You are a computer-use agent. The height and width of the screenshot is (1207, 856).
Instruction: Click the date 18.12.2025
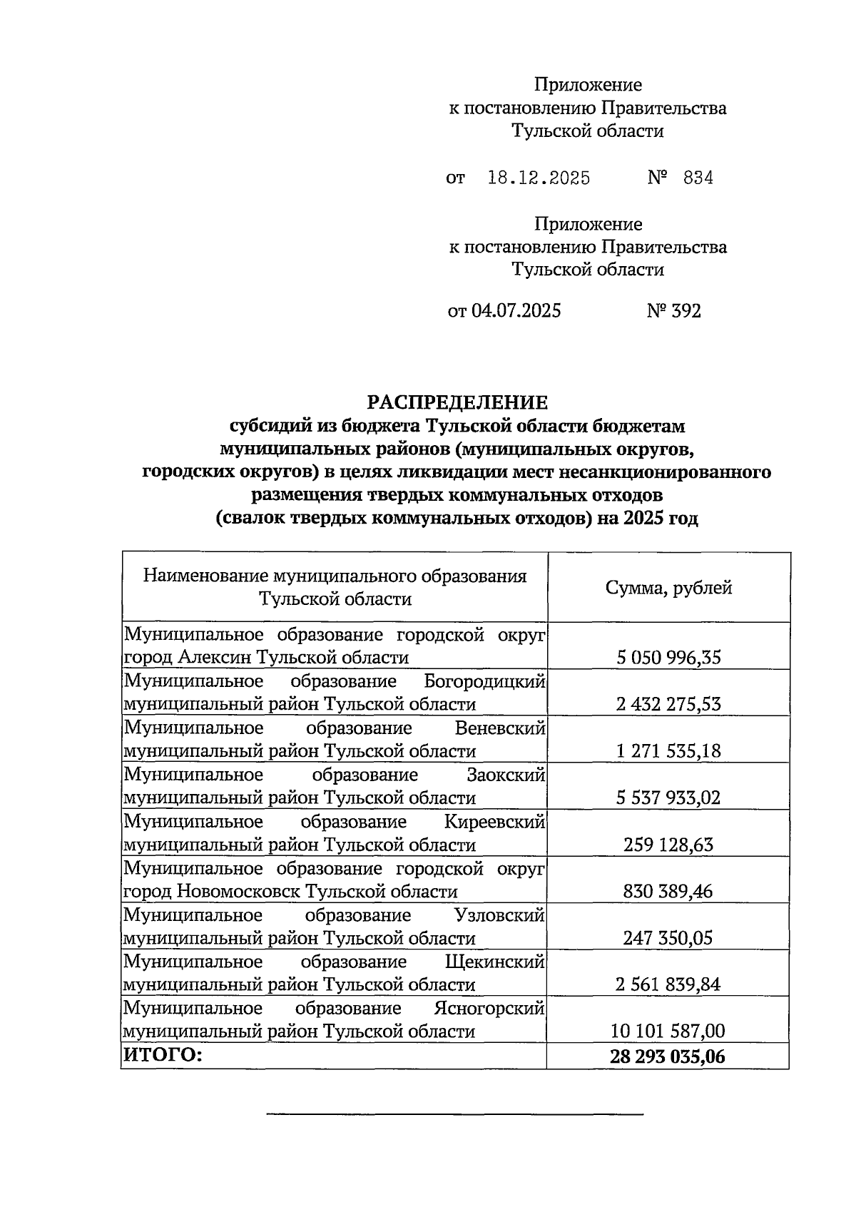point(539,178)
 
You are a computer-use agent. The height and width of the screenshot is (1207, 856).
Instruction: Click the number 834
point(698,178)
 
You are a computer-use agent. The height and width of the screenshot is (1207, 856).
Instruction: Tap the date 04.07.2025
point(516,311)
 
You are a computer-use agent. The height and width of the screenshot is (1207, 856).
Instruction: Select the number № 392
point(673,311)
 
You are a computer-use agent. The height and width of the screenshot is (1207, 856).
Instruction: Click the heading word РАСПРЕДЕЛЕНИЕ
point(457,402)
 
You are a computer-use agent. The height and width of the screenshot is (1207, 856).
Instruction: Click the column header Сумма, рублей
point(668,588)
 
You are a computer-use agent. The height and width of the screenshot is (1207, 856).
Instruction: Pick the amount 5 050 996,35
point(668,657)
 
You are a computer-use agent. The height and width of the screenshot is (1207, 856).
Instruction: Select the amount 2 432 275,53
point(668,704)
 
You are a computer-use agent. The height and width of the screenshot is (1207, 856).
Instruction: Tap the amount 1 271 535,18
point(668,750)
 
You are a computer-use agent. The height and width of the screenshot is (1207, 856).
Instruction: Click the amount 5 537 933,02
point(668,798)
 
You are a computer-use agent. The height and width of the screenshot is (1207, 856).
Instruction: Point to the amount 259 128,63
point(668,845)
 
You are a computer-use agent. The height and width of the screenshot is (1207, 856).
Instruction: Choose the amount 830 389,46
point(668,891)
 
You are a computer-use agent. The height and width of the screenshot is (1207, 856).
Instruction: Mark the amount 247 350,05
point(668,938)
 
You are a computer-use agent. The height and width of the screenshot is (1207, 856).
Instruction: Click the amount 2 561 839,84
point(668,984)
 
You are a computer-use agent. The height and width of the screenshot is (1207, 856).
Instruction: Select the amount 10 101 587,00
point(668,1031)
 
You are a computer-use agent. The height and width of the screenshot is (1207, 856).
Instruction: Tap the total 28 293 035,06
point(668,1056)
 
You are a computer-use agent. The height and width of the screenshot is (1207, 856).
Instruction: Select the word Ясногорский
point(489,1009)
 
